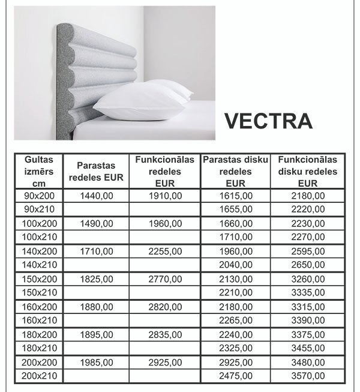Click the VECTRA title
tap(269, 120)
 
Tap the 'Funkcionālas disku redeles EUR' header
tap(307, 171)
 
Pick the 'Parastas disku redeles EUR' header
tap(235, 171)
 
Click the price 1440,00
tap(96, 196)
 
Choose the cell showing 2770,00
tap(165, 279)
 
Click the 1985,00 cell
tap(96, 362)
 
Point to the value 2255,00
tap(165, 251)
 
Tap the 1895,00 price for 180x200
tap(96, 334)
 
